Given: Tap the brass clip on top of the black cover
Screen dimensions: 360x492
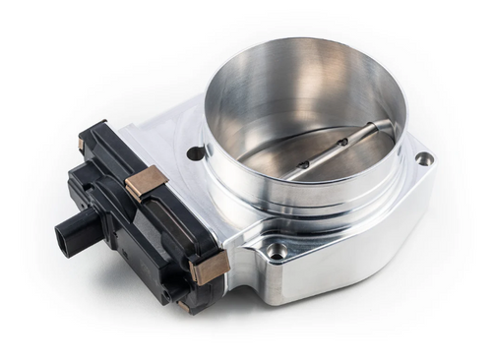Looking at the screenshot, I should point(147,183).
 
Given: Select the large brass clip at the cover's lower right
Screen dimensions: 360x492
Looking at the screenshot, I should point(211,267).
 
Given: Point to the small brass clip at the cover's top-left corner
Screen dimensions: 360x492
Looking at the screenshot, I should point(82,144).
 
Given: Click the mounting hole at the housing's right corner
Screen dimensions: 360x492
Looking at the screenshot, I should point(423,158).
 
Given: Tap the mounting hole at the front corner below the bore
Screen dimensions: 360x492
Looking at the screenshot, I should point(278,252).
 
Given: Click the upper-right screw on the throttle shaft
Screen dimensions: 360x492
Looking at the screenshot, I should point(341,144).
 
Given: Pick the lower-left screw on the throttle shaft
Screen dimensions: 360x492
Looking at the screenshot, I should point(304,164).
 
